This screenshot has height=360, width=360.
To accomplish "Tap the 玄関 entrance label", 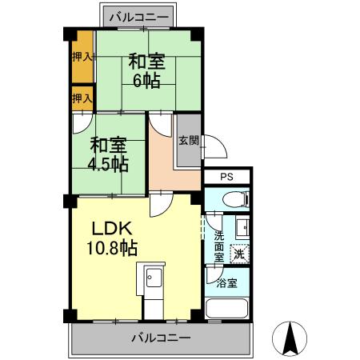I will point(189,141).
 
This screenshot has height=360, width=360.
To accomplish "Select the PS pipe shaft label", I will point(226,177).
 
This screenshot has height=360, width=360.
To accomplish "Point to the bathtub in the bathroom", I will point(226,308).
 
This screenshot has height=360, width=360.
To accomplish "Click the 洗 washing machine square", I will point(238,254).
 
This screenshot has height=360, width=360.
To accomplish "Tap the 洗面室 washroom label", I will point(219,248).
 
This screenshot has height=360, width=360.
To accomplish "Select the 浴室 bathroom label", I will point(227,282).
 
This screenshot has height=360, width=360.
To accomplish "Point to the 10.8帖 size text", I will point(112,247).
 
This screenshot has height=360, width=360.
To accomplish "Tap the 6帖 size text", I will point(146,82).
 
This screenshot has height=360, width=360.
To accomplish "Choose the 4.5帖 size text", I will point(109,165).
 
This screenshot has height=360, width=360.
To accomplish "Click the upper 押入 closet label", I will point(82,57).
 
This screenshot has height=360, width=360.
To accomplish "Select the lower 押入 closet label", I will point(82,98).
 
